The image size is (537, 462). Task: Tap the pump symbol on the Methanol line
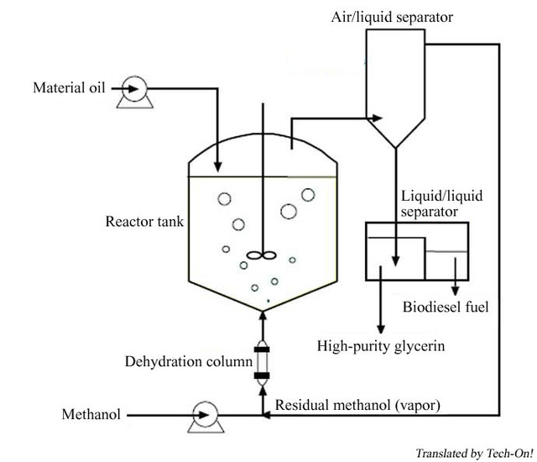(x=203, y=413)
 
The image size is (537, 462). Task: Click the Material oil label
(x=70, y=87)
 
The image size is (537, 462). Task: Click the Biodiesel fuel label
(x=446, y=307)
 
